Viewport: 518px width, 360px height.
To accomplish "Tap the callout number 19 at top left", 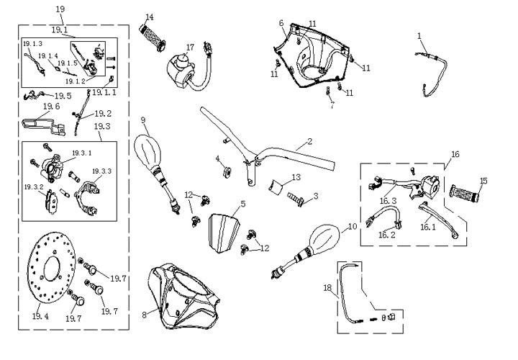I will pyautogui.click(x=60, y=9).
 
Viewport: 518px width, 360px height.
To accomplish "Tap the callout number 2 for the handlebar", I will pyautogui.click(x=309, y=141).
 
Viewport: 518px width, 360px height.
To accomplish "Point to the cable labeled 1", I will pyautogui.click(x=434, y=68).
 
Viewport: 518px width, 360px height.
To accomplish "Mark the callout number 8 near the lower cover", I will pyautogui.click(x=144, y=315).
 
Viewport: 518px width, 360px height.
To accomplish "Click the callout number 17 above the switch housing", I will pyautogui.click(x=190, y=48).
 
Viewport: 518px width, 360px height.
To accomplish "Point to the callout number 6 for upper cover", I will pyautogui.click(x=281, y=23).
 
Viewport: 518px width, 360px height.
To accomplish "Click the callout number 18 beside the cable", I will pyautogui.click(x=327, y=288).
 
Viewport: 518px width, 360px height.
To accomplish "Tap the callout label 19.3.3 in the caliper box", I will pyautogui.click(x=101, y=171).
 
